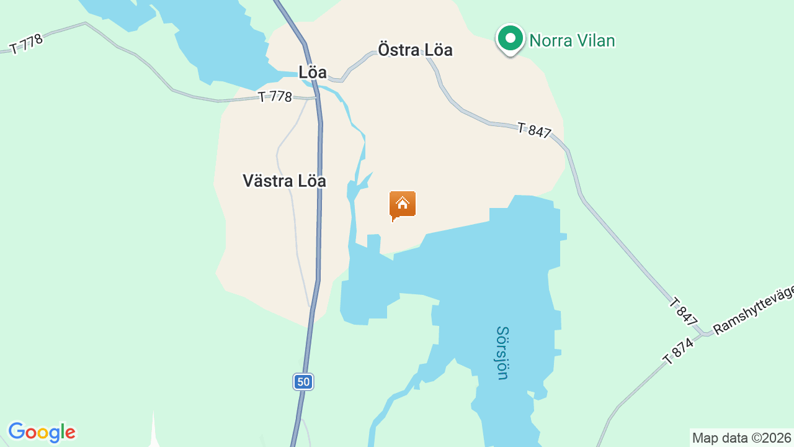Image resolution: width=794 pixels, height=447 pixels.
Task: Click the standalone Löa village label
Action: coord(312,72)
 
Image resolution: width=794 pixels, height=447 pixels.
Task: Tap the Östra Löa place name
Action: coord(415,50)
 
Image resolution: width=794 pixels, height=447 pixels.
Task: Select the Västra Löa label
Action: coord(284,181)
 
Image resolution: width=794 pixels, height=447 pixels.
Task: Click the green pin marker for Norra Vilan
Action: coord(510,39)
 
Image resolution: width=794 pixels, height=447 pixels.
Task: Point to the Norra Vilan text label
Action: coord(571,41)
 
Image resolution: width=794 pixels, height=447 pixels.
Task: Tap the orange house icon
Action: coord(403,205)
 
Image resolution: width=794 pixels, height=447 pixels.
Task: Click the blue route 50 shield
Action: coord(303,382)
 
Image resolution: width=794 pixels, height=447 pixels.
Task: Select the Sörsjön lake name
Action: coord(502,353)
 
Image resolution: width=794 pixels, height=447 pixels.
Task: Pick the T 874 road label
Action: coord(677,351)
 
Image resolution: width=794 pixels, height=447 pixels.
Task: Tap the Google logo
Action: coord(42,432)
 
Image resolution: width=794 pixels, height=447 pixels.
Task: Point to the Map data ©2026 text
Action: coord(742,438)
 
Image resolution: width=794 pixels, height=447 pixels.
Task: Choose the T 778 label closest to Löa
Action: coord(275,97)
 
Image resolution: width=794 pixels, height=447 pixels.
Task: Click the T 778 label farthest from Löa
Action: coord(26,43)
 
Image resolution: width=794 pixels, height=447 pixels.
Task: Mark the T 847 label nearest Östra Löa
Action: coord(534,130)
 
